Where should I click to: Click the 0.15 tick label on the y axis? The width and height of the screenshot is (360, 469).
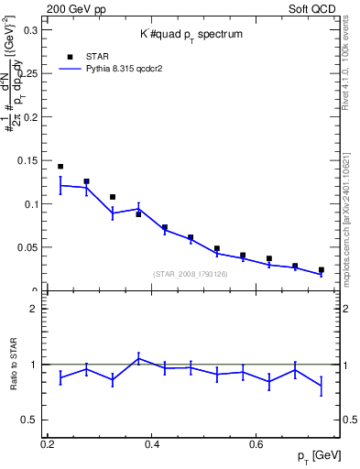point(27,161)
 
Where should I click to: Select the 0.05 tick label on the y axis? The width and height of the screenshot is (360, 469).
point(27,247)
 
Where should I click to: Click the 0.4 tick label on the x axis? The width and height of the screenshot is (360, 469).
point(152,444)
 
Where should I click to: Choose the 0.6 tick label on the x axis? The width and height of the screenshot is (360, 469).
point(257,444)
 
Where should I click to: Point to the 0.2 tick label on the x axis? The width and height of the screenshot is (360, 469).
point(48,444)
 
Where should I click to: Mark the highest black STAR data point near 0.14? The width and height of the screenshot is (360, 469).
point(60,167)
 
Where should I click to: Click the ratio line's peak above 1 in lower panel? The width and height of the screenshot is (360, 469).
point(138,358)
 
